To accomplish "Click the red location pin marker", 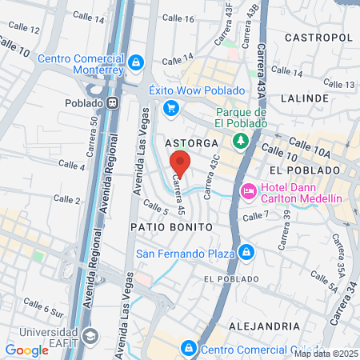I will point(180,163).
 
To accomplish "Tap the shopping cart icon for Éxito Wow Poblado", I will point(170,108).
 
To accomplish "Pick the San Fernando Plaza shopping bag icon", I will point(246,254).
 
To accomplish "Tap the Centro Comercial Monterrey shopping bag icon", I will point(136,62).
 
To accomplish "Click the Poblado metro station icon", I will point(114,102).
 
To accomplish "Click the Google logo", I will point(26,350).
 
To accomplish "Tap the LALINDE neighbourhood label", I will point(306,98).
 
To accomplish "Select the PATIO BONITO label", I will point(171,227).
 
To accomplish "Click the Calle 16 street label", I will point(178,18).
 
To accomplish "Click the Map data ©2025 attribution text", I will point(325,354).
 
